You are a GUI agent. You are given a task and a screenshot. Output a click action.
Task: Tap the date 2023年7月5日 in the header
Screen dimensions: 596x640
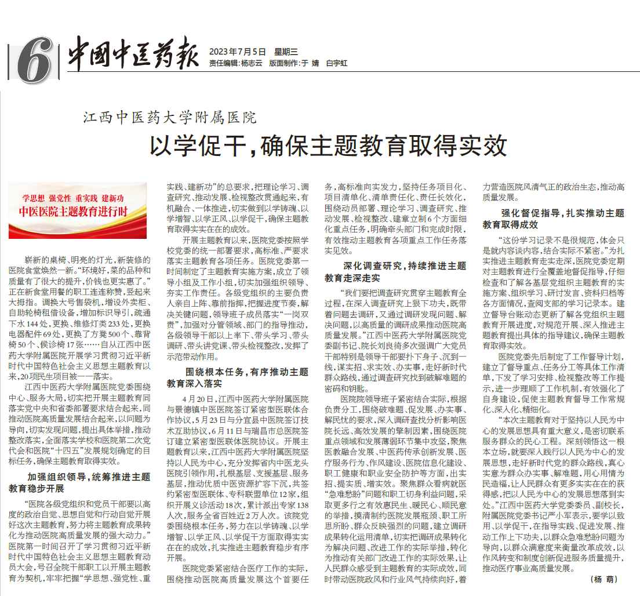(x=235, y=52)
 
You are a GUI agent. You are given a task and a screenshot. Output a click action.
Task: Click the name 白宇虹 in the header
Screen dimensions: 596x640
(x=337, y=63)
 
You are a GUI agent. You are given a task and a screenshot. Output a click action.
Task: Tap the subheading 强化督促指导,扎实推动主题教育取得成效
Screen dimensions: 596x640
(x=554, y=219)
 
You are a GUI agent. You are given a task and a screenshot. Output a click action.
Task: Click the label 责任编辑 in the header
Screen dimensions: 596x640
(x=223, y=63)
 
